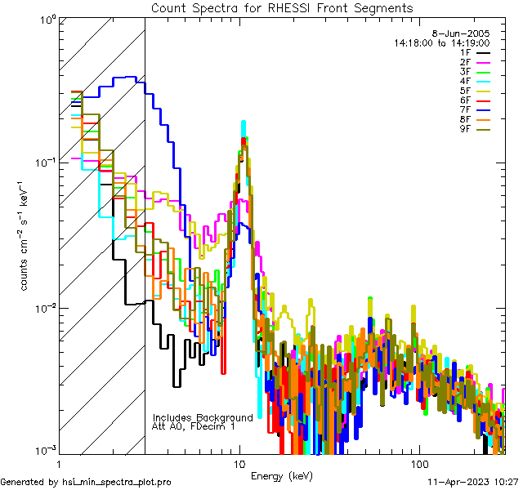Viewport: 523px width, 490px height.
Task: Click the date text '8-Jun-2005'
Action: [x=465, y=33]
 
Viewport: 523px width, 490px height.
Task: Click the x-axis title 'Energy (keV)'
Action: [x=282, y=476]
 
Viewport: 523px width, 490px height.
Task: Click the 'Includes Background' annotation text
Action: [x=203, y=417]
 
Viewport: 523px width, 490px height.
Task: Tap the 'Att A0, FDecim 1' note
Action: [x=193, y=426]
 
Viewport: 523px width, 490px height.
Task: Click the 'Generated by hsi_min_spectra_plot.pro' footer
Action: [x=86, y=483]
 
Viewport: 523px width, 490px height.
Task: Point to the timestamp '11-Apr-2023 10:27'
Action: [x=473, y=483]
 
